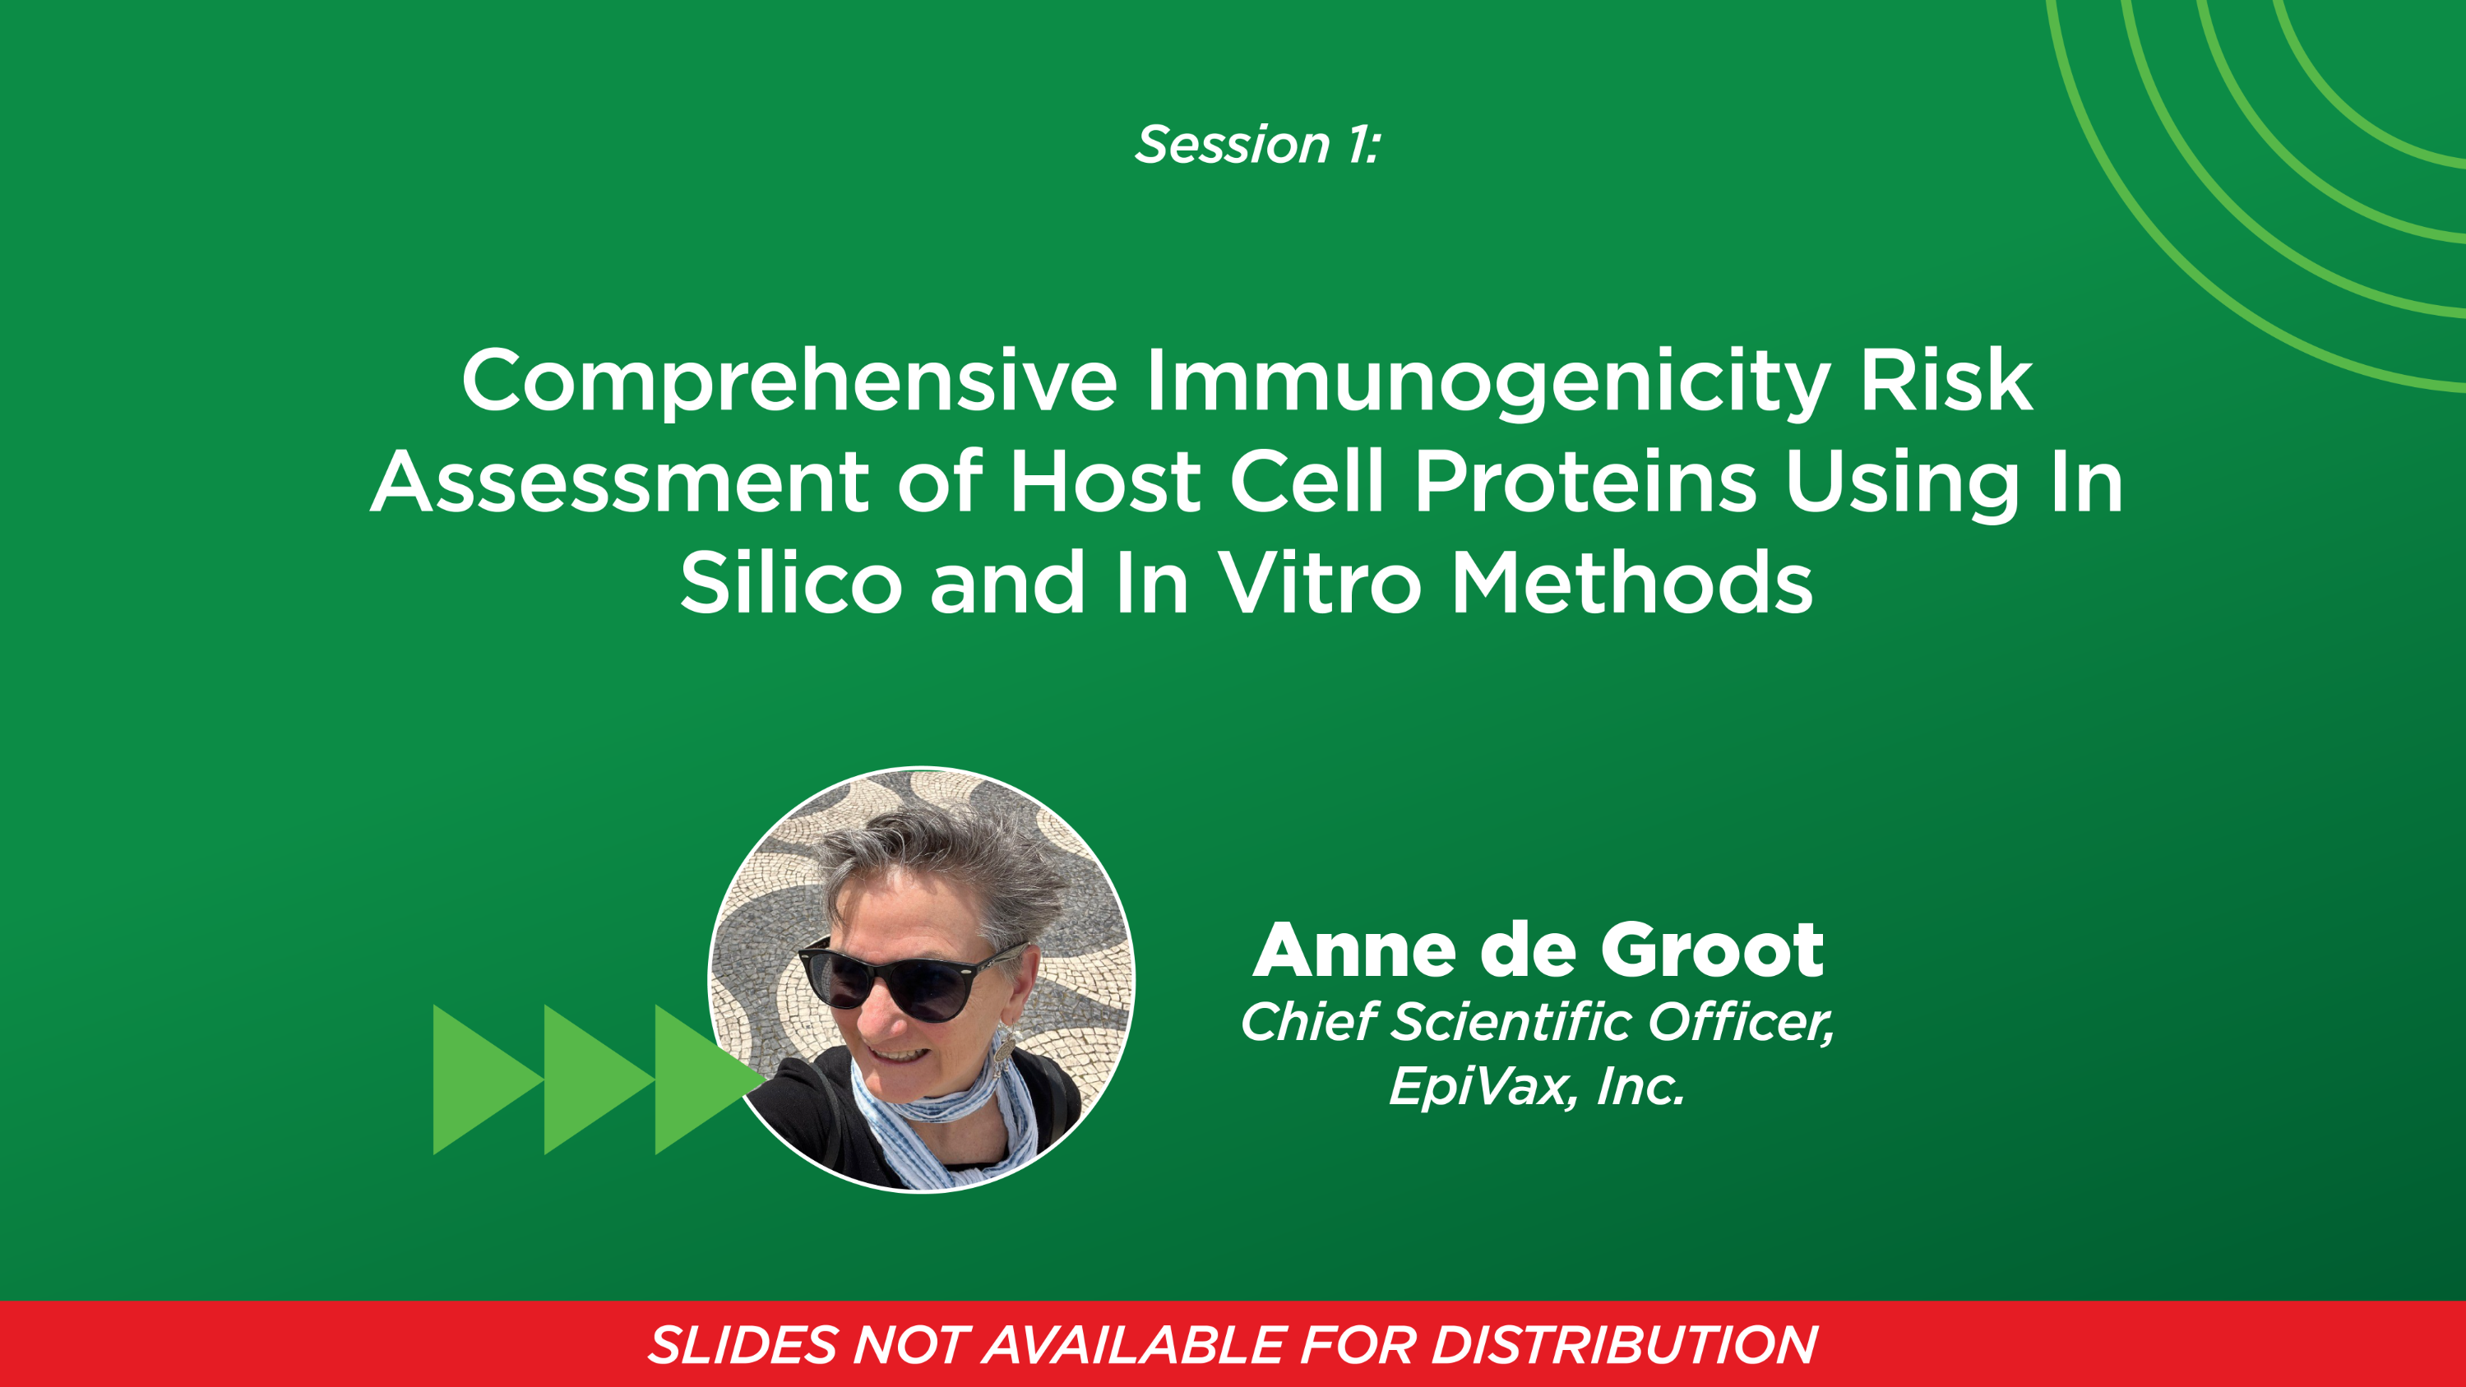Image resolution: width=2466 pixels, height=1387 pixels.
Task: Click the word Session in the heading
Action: click(x=1232, y=146)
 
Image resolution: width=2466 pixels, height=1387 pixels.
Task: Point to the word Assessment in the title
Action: click(x=619, y=483)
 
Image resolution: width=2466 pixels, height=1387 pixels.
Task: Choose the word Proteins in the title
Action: click(x=1585, y=483)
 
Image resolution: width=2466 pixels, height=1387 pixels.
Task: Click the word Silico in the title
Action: click(x=791, y=584)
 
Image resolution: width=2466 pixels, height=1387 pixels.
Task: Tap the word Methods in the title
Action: click(x=1631, y=584)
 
